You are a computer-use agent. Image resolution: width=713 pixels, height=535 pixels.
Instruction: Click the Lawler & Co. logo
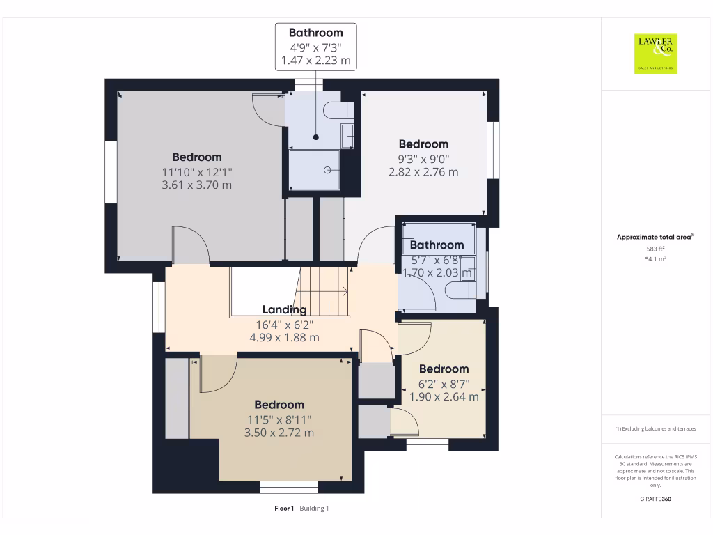[655, 54]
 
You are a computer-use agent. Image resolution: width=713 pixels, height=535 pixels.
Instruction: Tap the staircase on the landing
[324, 291]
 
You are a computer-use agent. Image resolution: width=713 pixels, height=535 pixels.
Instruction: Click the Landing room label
[284, 310]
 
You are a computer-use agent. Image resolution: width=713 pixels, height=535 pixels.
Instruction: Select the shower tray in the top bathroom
[315, 169]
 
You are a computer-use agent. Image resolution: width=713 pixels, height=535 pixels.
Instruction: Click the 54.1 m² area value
[655, 258]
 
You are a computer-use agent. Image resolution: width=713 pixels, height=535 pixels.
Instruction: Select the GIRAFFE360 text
[655, 499]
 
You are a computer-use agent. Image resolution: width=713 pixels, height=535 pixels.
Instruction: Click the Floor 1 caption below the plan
[284, 509]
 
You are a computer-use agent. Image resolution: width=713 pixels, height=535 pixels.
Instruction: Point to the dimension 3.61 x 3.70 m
[197, 185]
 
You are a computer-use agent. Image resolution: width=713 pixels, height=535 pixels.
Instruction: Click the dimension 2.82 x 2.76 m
[423, 172]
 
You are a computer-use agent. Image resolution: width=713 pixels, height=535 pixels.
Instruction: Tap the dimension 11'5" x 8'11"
[279, 419]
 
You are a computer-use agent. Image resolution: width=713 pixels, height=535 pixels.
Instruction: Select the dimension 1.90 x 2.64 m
[444, 397]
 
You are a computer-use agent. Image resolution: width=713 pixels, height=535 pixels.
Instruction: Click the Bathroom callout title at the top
[315, 33]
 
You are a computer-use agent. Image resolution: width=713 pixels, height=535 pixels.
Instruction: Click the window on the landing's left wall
[159, 308]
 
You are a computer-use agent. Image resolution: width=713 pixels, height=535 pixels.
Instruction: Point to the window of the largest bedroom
[111, 173]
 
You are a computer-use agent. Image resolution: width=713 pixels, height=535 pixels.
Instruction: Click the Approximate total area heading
[655, 238]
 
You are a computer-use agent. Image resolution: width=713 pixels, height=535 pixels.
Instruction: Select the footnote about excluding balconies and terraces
[655, 429]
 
